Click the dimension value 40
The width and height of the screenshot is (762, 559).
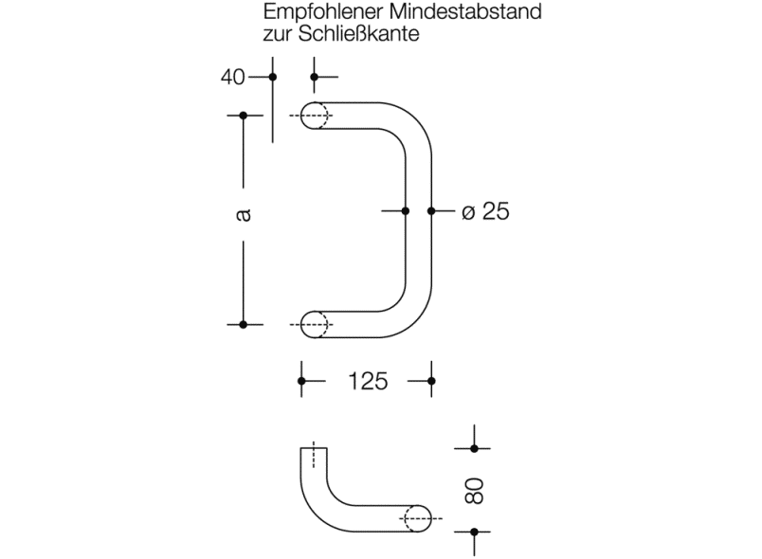(x=233, y=77)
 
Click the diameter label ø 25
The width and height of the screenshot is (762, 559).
(x=485, y=211)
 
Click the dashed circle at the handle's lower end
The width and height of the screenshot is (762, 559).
(x=317, y=324)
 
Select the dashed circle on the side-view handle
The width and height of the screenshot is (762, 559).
(x=417, y=517)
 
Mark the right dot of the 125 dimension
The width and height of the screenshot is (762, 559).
(x=431, y=381)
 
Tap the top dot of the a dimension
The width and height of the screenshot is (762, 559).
(x=244, y=116)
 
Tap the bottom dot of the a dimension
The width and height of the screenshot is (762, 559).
(x=244, y=324)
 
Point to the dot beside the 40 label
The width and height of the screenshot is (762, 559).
(x=273, y=77)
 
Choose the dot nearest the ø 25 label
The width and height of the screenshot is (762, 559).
(x=431, y=211)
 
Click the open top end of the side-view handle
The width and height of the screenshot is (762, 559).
(x=315, y=449)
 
